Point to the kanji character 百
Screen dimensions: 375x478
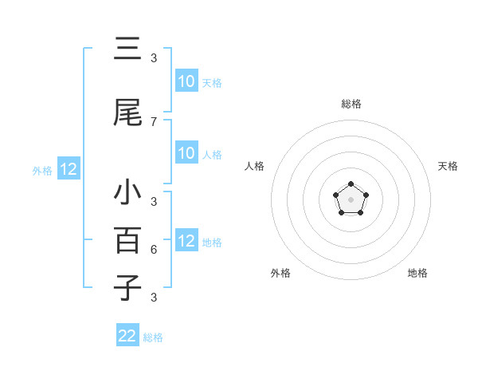pos(127,239)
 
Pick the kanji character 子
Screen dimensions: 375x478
pos(127,286)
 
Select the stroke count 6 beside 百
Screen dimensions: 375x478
pos(154,249)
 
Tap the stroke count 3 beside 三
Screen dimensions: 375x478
pos(154,57)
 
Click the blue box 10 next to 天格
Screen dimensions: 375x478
pos(186,81)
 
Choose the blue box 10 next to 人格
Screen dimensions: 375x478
pos(186,153)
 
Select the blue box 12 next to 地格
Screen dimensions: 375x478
pos(186,241)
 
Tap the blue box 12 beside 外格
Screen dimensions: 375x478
pos(68,169)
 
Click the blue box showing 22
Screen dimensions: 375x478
pos(127,336)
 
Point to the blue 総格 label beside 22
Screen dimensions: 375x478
pos(153,337)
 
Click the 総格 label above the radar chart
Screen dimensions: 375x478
pos(351,104)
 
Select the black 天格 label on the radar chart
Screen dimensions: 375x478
pos(448,166)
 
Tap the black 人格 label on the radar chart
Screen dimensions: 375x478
pos(255,166)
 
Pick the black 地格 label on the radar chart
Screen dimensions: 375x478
pos(417,273)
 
